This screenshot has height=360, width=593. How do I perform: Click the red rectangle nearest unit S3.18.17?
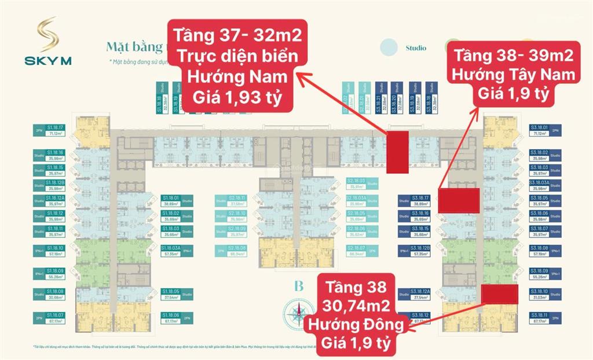(x=458, y=200)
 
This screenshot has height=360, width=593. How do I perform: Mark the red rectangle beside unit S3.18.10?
(x=500, y=294)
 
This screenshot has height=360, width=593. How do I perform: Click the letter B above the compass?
(x=299, y=285)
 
